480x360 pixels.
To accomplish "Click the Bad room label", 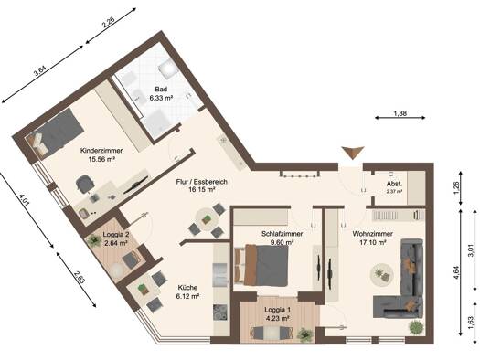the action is coord(161,90).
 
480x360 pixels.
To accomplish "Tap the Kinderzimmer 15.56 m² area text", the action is coord(101,159).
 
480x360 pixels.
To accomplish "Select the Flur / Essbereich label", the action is coord(202,182).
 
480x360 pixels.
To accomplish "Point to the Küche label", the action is coord(187,288).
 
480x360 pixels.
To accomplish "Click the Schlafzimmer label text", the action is coord(282,234).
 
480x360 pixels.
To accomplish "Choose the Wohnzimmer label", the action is coord(372,234).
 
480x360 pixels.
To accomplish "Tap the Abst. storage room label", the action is coord(394,184).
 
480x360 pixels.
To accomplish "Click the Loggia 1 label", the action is coord(278,310).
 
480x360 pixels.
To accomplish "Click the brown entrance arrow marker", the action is coord(353,153).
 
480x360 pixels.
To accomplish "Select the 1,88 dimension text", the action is coord(400,113).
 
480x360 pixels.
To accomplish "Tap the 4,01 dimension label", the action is coord(23,200).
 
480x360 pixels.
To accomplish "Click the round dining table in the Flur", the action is coord(206,219).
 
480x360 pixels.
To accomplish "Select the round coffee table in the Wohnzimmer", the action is coord(381,274).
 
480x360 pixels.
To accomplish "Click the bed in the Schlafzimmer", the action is coord(261,265).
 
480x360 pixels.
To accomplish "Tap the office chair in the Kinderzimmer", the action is coord(84,185).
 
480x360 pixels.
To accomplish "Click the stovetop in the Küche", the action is coord(220,312).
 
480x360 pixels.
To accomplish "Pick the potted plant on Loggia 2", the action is coord(94,240).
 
